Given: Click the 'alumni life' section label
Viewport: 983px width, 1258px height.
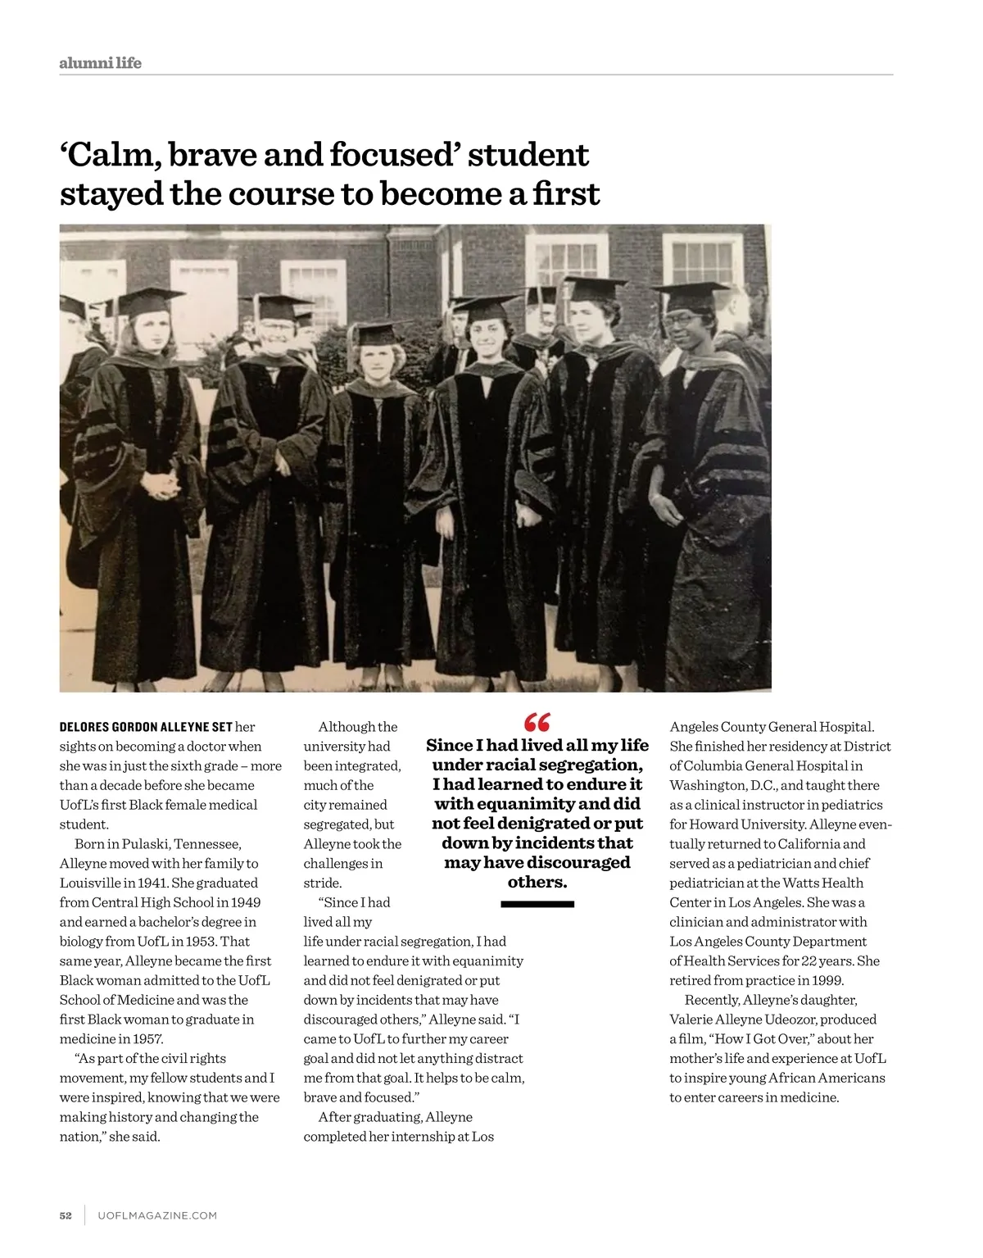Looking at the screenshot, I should [x=100, y=63].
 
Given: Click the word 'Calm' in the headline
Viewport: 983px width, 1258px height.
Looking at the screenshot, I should [x=110, y=155].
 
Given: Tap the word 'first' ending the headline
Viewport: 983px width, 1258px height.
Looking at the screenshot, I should [x=566, y=194].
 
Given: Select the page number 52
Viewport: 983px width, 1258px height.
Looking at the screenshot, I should [x=66, y=1215].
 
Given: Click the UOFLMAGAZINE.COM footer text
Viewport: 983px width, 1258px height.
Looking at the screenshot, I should [x=157, y=1215].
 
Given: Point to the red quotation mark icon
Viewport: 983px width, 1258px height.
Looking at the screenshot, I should [x=537, y=722].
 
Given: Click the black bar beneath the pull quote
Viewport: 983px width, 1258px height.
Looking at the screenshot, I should [x=537, y=904].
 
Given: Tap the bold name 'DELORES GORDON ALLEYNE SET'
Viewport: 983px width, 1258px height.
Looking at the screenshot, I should [x=146, y=727].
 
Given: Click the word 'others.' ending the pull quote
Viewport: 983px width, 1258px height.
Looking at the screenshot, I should [x=537, y=883].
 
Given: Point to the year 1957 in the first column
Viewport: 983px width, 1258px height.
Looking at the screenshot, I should [x=147, y=1039].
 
